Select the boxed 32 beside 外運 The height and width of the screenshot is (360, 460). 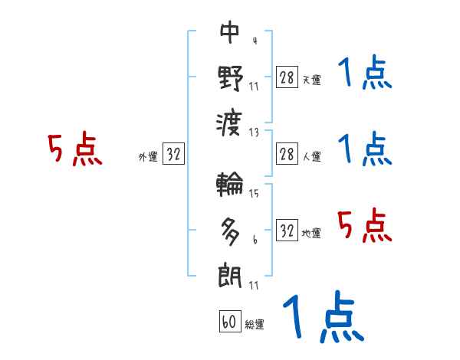(x=173, y=155)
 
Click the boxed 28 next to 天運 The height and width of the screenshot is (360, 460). (x=287, y=77)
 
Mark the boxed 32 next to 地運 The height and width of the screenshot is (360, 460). (x=287, y=231)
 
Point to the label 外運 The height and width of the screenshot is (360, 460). (x=147, y=157)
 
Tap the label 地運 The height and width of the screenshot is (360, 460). (x=311, y=233)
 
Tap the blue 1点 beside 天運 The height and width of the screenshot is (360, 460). (x=365, y=74)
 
